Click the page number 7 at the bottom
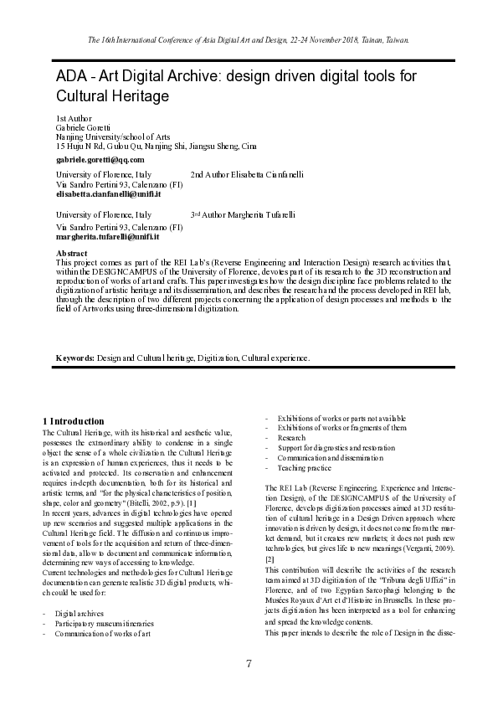pyautogui.click(x=249, y=666)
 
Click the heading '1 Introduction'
pyautogui.click(x=73, y=420)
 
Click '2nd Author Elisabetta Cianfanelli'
pyautogui.click(x=246, y=174)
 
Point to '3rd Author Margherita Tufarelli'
pyautogui.click(x=246, y=215)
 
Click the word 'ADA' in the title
pyautogui.click(x=71, y=77)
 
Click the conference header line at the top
pyautogui.click(x=249, y=39)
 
